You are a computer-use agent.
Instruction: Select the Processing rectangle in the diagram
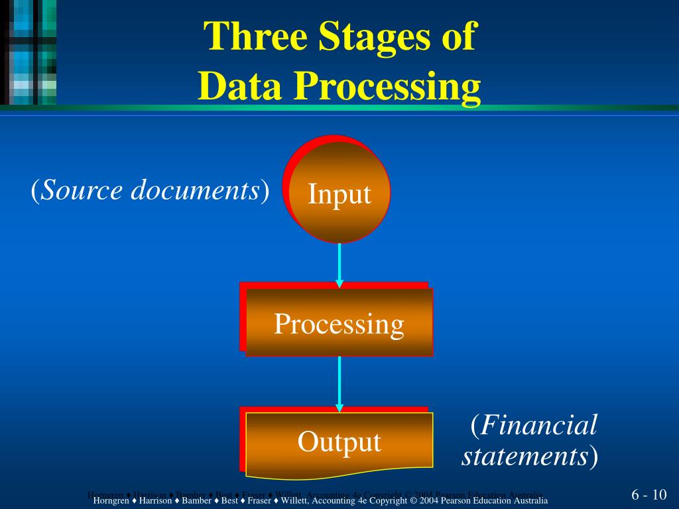tap(339, 323)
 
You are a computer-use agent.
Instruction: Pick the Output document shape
tap(339, 441)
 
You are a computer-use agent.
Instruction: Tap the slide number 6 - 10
tap(648, 496)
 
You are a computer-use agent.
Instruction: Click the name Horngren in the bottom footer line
tap(111, 500)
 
